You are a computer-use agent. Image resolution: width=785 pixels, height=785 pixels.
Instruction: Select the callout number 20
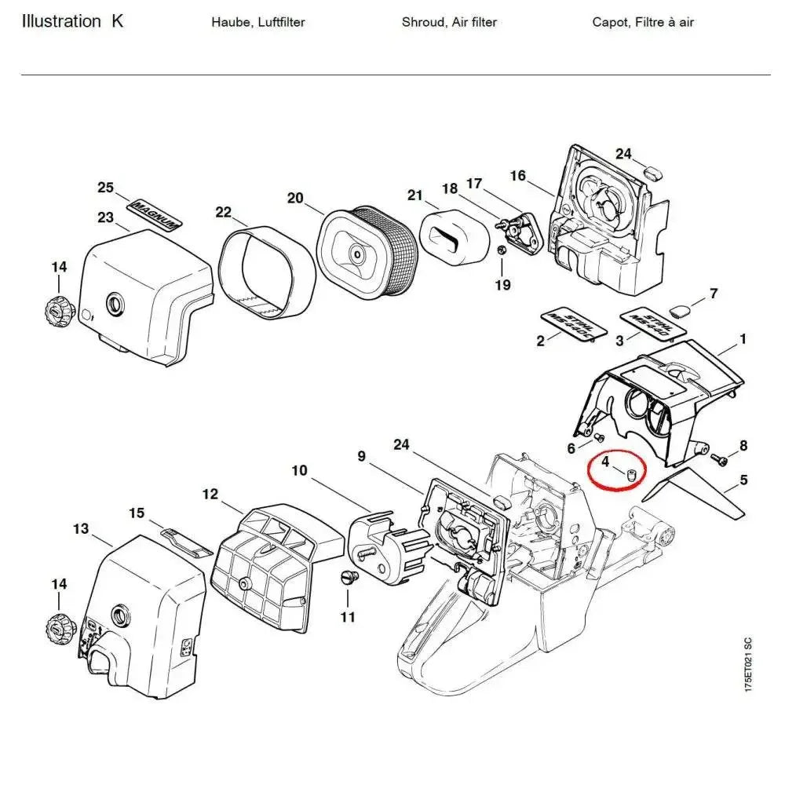click(295, 198)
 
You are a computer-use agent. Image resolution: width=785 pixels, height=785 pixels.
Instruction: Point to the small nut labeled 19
click(499, 251)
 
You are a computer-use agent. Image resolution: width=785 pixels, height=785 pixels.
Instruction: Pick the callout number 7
click(713, 294)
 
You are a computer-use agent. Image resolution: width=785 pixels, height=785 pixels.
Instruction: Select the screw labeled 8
click(718, 457)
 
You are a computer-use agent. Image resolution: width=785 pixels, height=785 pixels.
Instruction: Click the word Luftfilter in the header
click(276, 22)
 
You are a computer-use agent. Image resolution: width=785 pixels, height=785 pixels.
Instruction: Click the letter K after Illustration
click(117, 21)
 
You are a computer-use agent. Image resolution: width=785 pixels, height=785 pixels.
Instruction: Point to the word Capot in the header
click(609, 22)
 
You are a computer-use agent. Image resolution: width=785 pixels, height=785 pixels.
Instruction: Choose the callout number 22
click(224, 212)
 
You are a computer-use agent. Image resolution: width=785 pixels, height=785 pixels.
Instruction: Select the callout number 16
click(517, 175)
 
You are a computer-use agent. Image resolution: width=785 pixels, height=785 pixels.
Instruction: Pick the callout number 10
click(299, 470)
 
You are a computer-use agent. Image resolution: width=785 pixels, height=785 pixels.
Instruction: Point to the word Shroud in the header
click(424, 22)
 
